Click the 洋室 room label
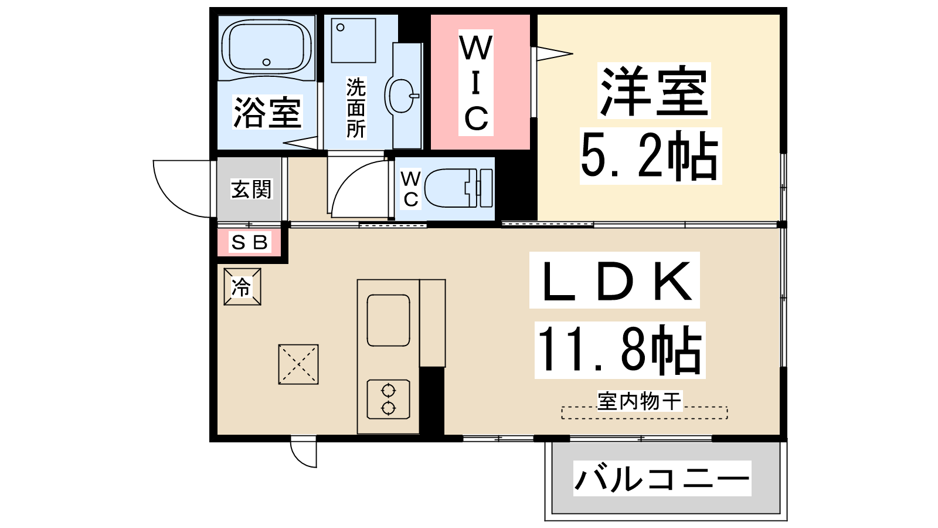[x=654, y=90]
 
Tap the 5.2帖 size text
[x=650, y=156]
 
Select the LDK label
[x=614, y=280]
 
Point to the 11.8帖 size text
[x=620, y=350]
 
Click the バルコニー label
[x=662, y=478]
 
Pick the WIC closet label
[x=475, y=83]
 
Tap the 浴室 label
[x=267, y=112]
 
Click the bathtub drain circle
[x=266, y=62]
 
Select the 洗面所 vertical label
[x=356, y=108]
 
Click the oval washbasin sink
[x=401, y=94]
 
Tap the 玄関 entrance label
[x=252, y=189]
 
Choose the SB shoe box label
[x=249, y=242]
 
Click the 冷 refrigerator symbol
[x=242, y=287]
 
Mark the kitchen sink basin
[x=388, y=320]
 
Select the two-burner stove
[x=388, y=399]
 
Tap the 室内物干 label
[x=640, y=401]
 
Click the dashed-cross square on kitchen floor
[x=298, y=364]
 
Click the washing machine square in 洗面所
[x=354, y=40]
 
